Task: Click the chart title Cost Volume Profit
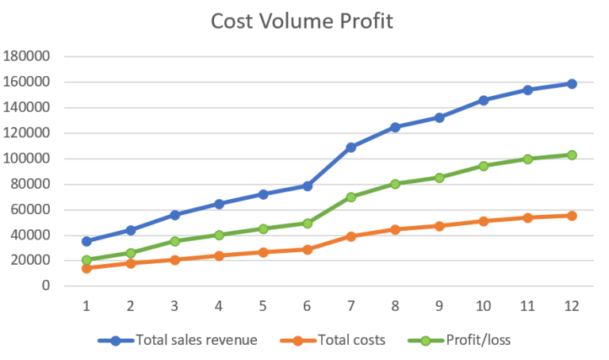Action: pos(301,21)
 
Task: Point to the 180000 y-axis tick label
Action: pos(27,56)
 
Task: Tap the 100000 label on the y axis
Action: pos(27,159)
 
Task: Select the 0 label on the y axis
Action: pos(46,285)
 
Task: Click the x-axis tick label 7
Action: pos(350,304)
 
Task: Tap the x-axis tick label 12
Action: pos(571,304)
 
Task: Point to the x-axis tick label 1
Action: pos(86,304)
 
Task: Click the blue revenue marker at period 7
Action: pos(350,147)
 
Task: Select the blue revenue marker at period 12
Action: pos(571,83)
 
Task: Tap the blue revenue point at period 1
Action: pos(86,241)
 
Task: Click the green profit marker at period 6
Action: pos(307,223)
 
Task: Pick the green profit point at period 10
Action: pos(483,166)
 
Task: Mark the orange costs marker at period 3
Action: pos(174,259)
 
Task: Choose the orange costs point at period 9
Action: pos(439,226)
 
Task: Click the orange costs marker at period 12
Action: pos(571,216)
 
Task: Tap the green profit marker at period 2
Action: pos(131,253)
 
